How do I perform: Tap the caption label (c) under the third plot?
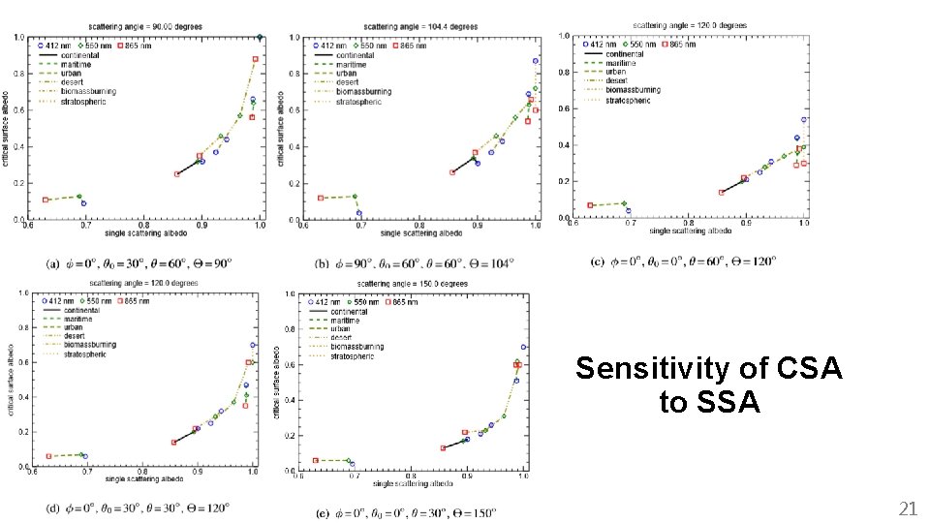[602, 261]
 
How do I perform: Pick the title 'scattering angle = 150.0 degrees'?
[401, 284]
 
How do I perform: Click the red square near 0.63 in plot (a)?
[46, 200]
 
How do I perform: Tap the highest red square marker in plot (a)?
[256, 59]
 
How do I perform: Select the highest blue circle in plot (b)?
[535, 61]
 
